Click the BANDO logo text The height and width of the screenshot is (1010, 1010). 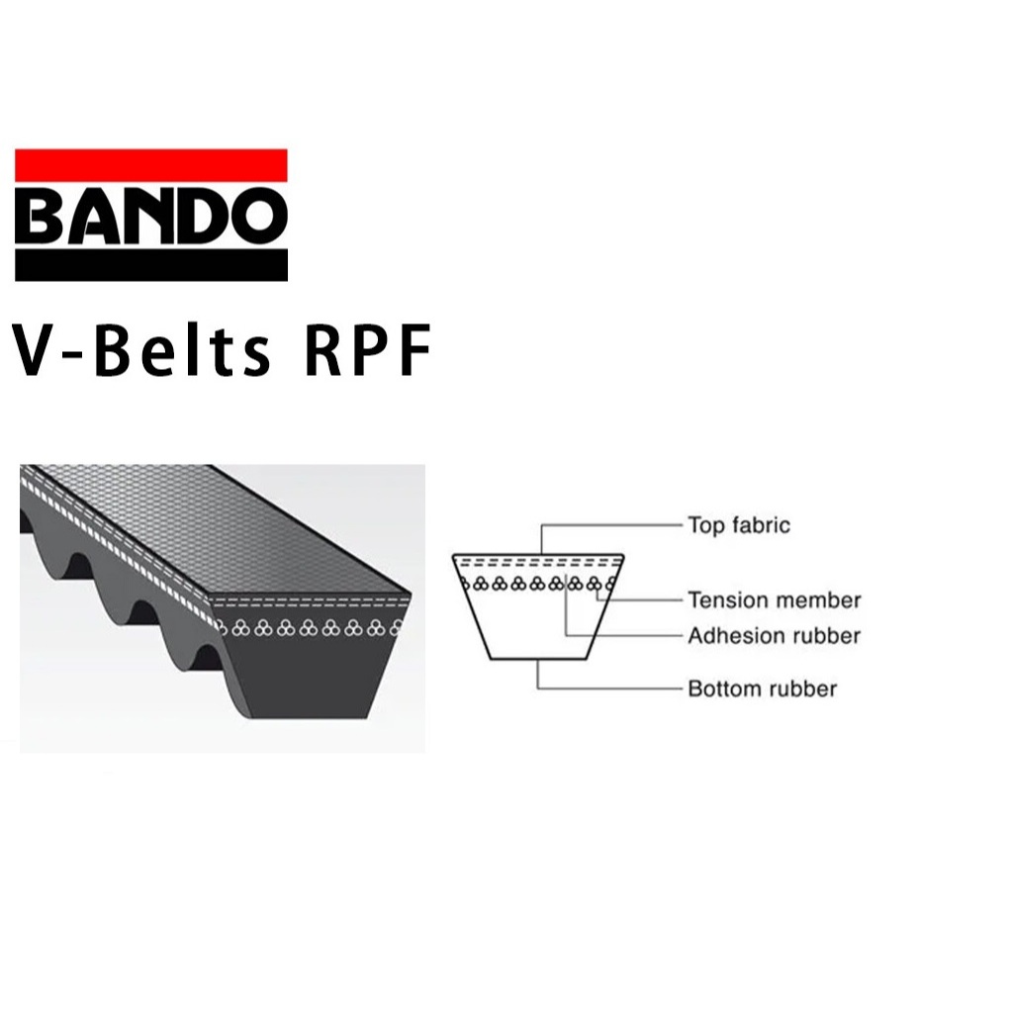point(150,215)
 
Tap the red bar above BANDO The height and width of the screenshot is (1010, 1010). point(150,164)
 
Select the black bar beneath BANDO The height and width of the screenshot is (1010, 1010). point(150,264)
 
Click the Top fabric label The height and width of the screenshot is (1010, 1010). point(739,525)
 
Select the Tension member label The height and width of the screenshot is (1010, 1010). point(775,599)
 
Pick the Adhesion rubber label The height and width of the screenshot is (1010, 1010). point(774,635)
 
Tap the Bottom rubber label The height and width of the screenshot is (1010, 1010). point(762,689)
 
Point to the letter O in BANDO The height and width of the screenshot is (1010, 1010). point(260,215)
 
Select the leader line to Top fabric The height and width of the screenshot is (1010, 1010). point(613,524)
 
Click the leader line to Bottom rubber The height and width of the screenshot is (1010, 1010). point(613,688)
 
